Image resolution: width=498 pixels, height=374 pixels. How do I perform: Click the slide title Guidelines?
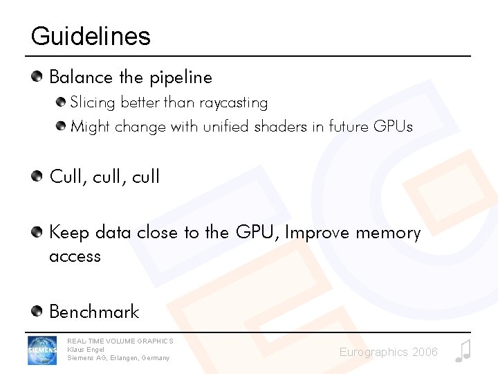point(91,36)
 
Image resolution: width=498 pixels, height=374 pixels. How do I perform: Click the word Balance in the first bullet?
point(75,77)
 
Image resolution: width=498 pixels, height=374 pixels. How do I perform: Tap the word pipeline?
point(181,78)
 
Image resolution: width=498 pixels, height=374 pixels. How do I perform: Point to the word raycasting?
point(233,103)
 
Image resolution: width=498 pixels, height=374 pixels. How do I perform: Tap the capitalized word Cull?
point(66,177)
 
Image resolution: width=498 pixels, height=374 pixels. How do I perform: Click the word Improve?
point(317,233)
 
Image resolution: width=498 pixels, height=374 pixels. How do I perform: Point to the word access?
point(75,256)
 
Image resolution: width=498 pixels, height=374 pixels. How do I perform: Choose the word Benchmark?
point(94,312)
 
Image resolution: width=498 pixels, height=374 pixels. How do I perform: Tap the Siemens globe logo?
point(42,350)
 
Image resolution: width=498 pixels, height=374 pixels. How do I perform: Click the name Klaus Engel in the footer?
point(86,350)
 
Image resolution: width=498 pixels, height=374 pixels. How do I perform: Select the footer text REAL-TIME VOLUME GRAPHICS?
point(120,341)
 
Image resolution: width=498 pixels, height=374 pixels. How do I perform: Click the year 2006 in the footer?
point(424,353)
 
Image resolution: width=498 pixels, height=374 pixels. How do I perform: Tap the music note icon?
point(463,351)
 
